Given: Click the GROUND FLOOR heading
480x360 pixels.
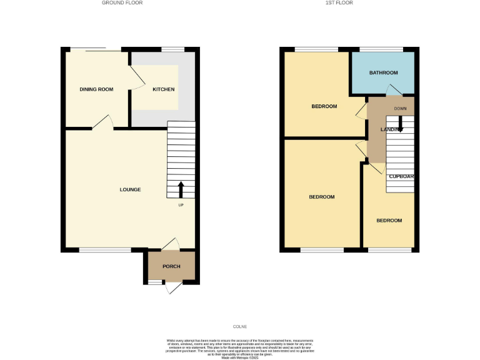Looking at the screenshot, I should pyautogui.click(x=122, y=2).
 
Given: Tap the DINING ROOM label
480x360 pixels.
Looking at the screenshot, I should pyautogui.click(x=96, y=89).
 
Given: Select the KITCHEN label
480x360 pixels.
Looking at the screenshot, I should pyautogui.click(x=164, y=89).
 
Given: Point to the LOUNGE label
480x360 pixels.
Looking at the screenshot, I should pyautogui.click(x=130, y=189).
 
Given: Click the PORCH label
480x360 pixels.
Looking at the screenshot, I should pyautogui.click(x=171, y=266).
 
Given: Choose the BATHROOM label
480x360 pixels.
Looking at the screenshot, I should pyautogui.click(x=383, y=72).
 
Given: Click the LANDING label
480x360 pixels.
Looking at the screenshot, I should pyautogui.click(x=391, y=129).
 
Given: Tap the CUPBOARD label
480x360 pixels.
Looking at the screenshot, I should pyautogui.click(x=402, y=176).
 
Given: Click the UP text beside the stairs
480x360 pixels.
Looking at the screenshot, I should pyautogui.click(x=181, y=205).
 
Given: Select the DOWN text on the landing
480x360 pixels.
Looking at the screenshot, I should pyautogui.click(x=401, y=109).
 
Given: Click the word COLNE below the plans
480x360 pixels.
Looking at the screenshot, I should pyautogui.click(x=240, y=326).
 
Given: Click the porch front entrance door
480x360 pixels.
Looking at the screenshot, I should pyautogui.click(x=173, y=288).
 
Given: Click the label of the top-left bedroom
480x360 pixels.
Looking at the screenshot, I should pyautogui.click(x=324, y=106).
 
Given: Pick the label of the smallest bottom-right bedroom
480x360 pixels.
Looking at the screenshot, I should pyautogui.click(x=389, y=221).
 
